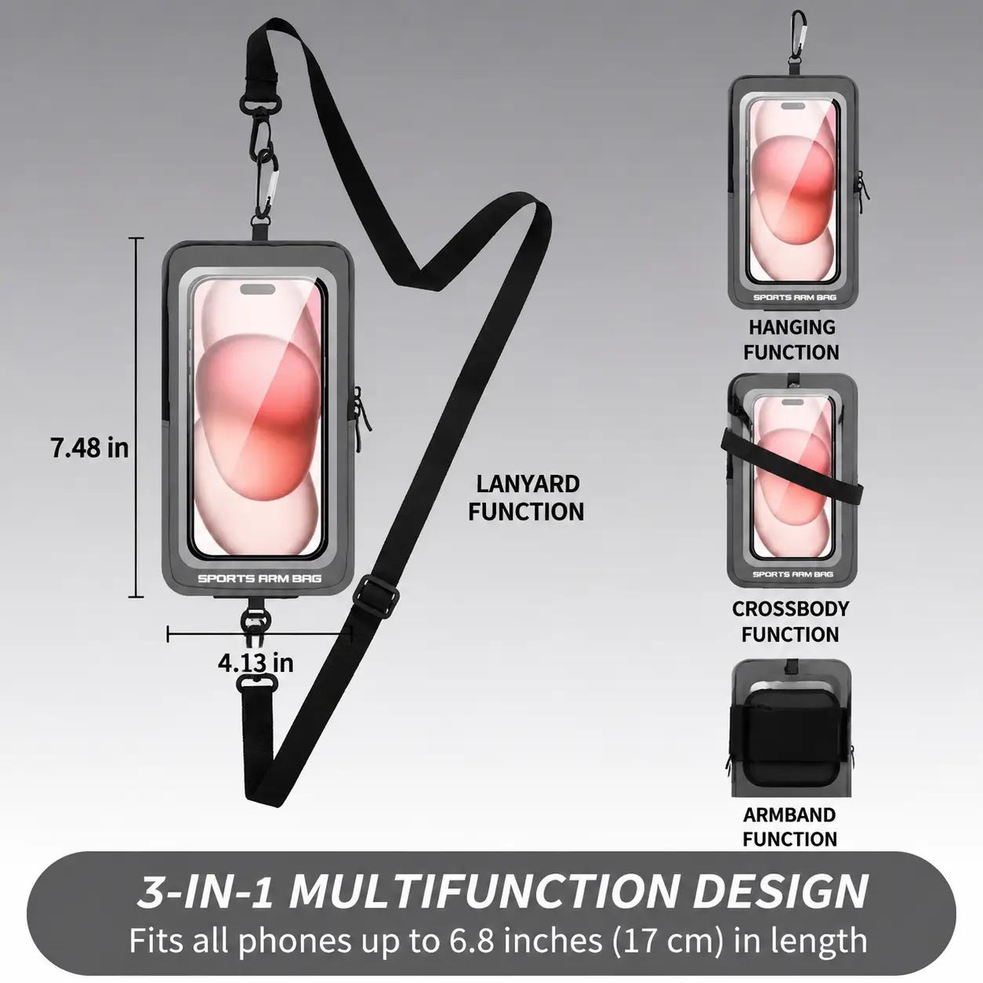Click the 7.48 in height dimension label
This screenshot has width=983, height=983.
[x=89, y=448]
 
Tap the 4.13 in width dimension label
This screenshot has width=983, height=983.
[x=256, y=663]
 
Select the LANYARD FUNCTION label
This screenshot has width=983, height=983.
[x=527, y=498]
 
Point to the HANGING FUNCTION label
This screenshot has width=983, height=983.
[x=791, y=339]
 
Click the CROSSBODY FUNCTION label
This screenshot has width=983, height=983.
[x=790, y=622]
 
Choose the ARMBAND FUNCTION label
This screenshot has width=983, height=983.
[x=789, y=827]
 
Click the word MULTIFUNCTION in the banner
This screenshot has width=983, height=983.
[x=482, y=891]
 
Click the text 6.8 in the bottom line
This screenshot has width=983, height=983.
[x=471, y=940]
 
